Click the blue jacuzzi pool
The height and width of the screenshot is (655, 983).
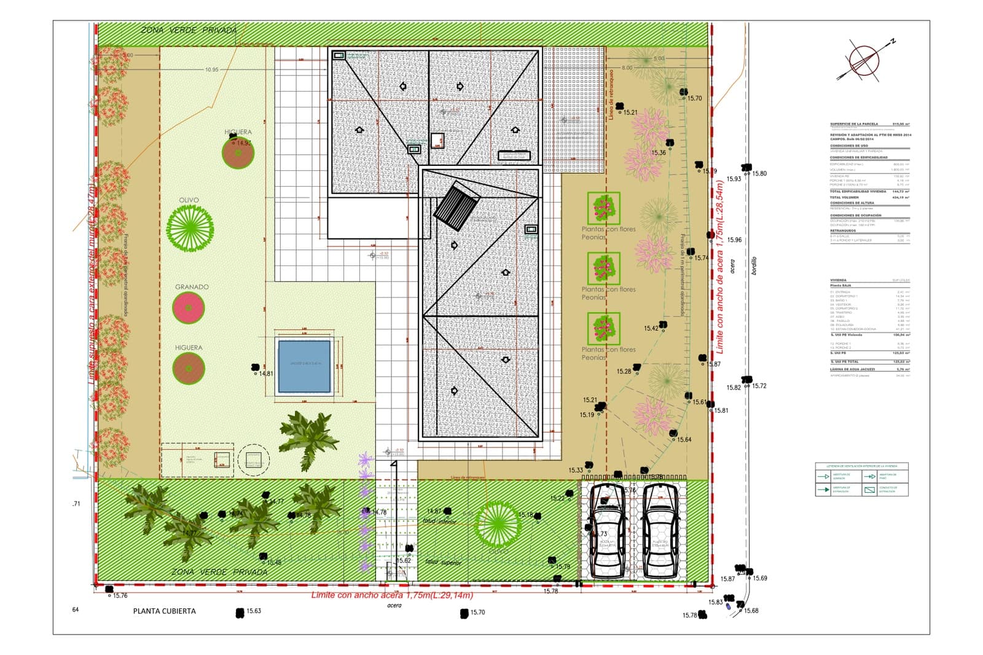click(x=304, y=366)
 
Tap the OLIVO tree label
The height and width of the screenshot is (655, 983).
click(x=189, y=200)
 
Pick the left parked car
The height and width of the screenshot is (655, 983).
click(x=607, y=531)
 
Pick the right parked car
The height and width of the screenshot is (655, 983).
click(x=660, y=531)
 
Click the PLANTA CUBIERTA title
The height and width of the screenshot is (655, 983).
click(x=165, y=611)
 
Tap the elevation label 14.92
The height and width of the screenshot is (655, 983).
click(x=243, y=143)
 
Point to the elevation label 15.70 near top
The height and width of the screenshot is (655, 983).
click(x=694, y=98)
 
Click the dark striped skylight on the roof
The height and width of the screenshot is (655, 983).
click(x=456, y=206)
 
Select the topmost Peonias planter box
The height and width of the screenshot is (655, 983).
click(x=603, y=208)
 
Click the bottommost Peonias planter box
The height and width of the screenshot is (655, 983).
click(x=603, y=329)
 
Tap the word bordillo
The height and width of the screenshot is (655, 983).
click(x=754, y=266)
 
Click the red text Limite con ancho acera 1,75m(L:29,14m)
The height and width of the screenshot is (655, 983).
click(x=392, y=595)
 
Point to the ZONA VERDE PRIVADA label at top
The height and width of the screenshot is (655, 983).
click(x=189, y=30)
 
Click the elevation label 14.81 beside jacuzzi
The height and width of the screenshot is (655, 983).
click(x=266, y=374)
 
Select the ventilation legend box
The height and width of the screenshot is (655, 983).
click(x=861, y=479)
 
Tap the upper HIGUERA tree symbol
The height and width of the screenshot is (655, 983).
click(x=238, y=153)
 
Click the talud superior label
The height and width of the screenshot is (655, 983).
click(x=442, y=562)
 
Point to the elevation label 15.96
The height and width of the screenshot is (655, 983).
click(x=734, y=240)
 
